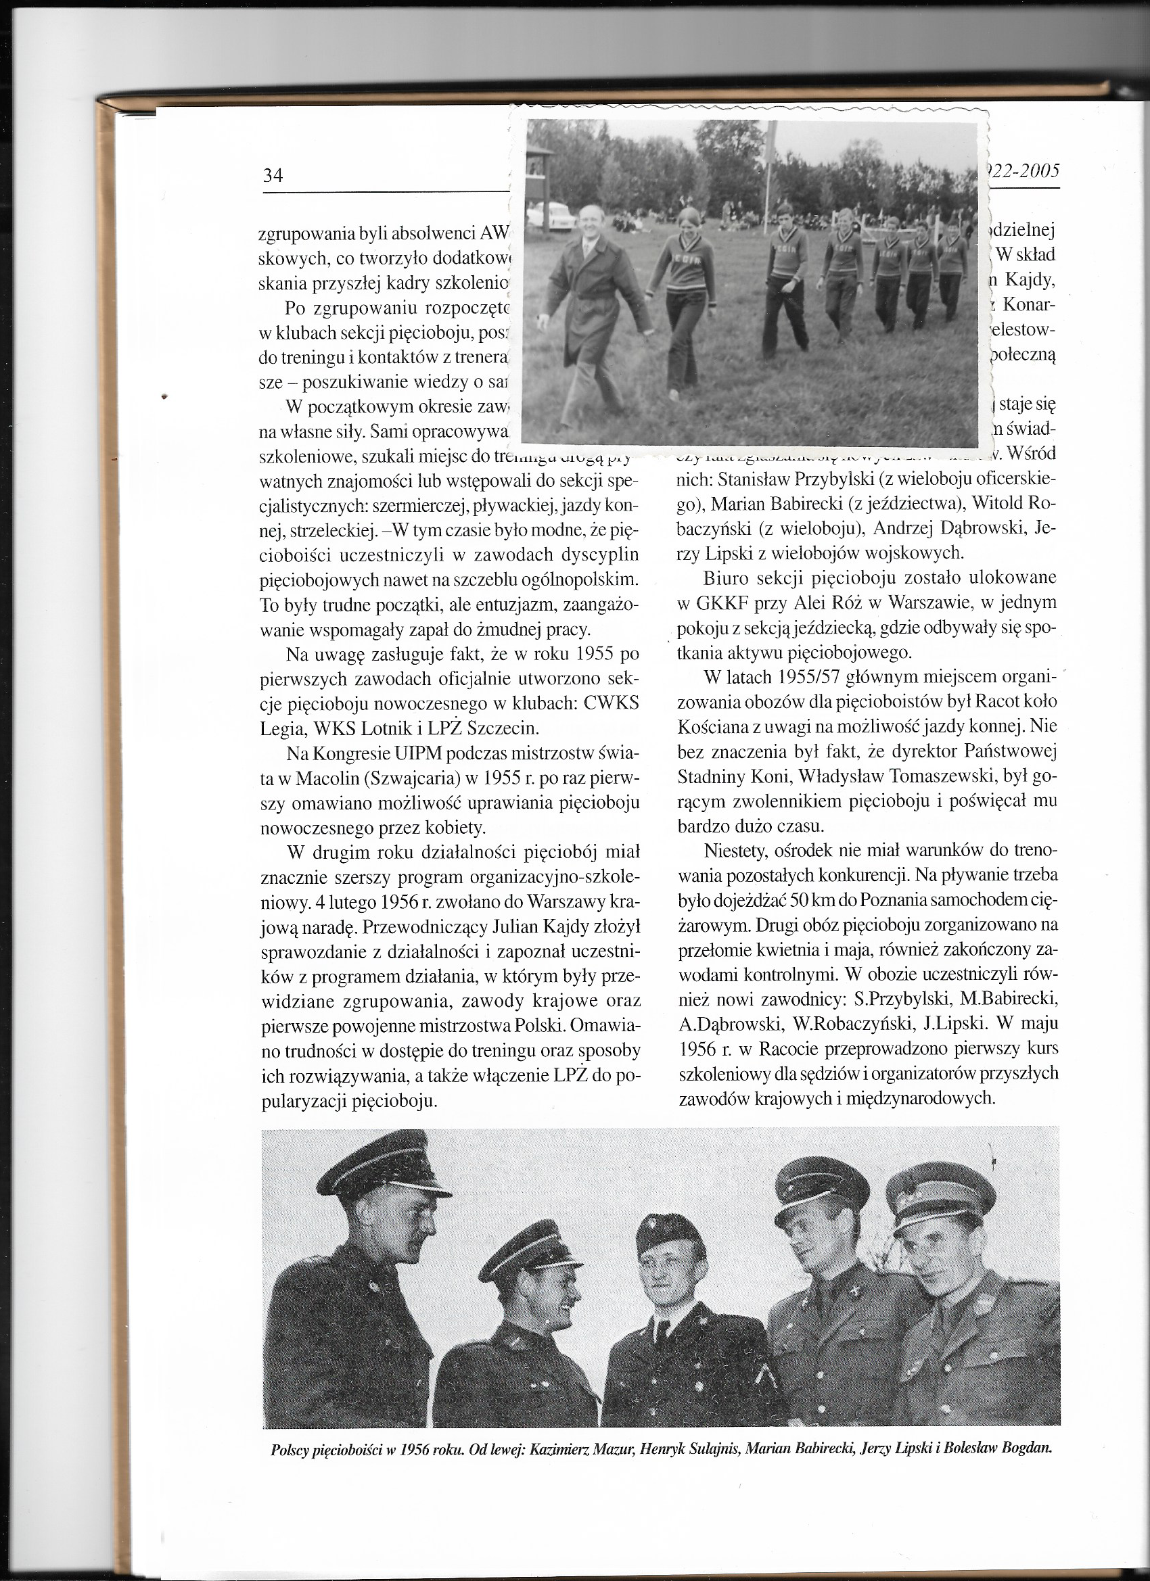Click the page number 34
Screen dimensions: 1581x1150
pos(273,176)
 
